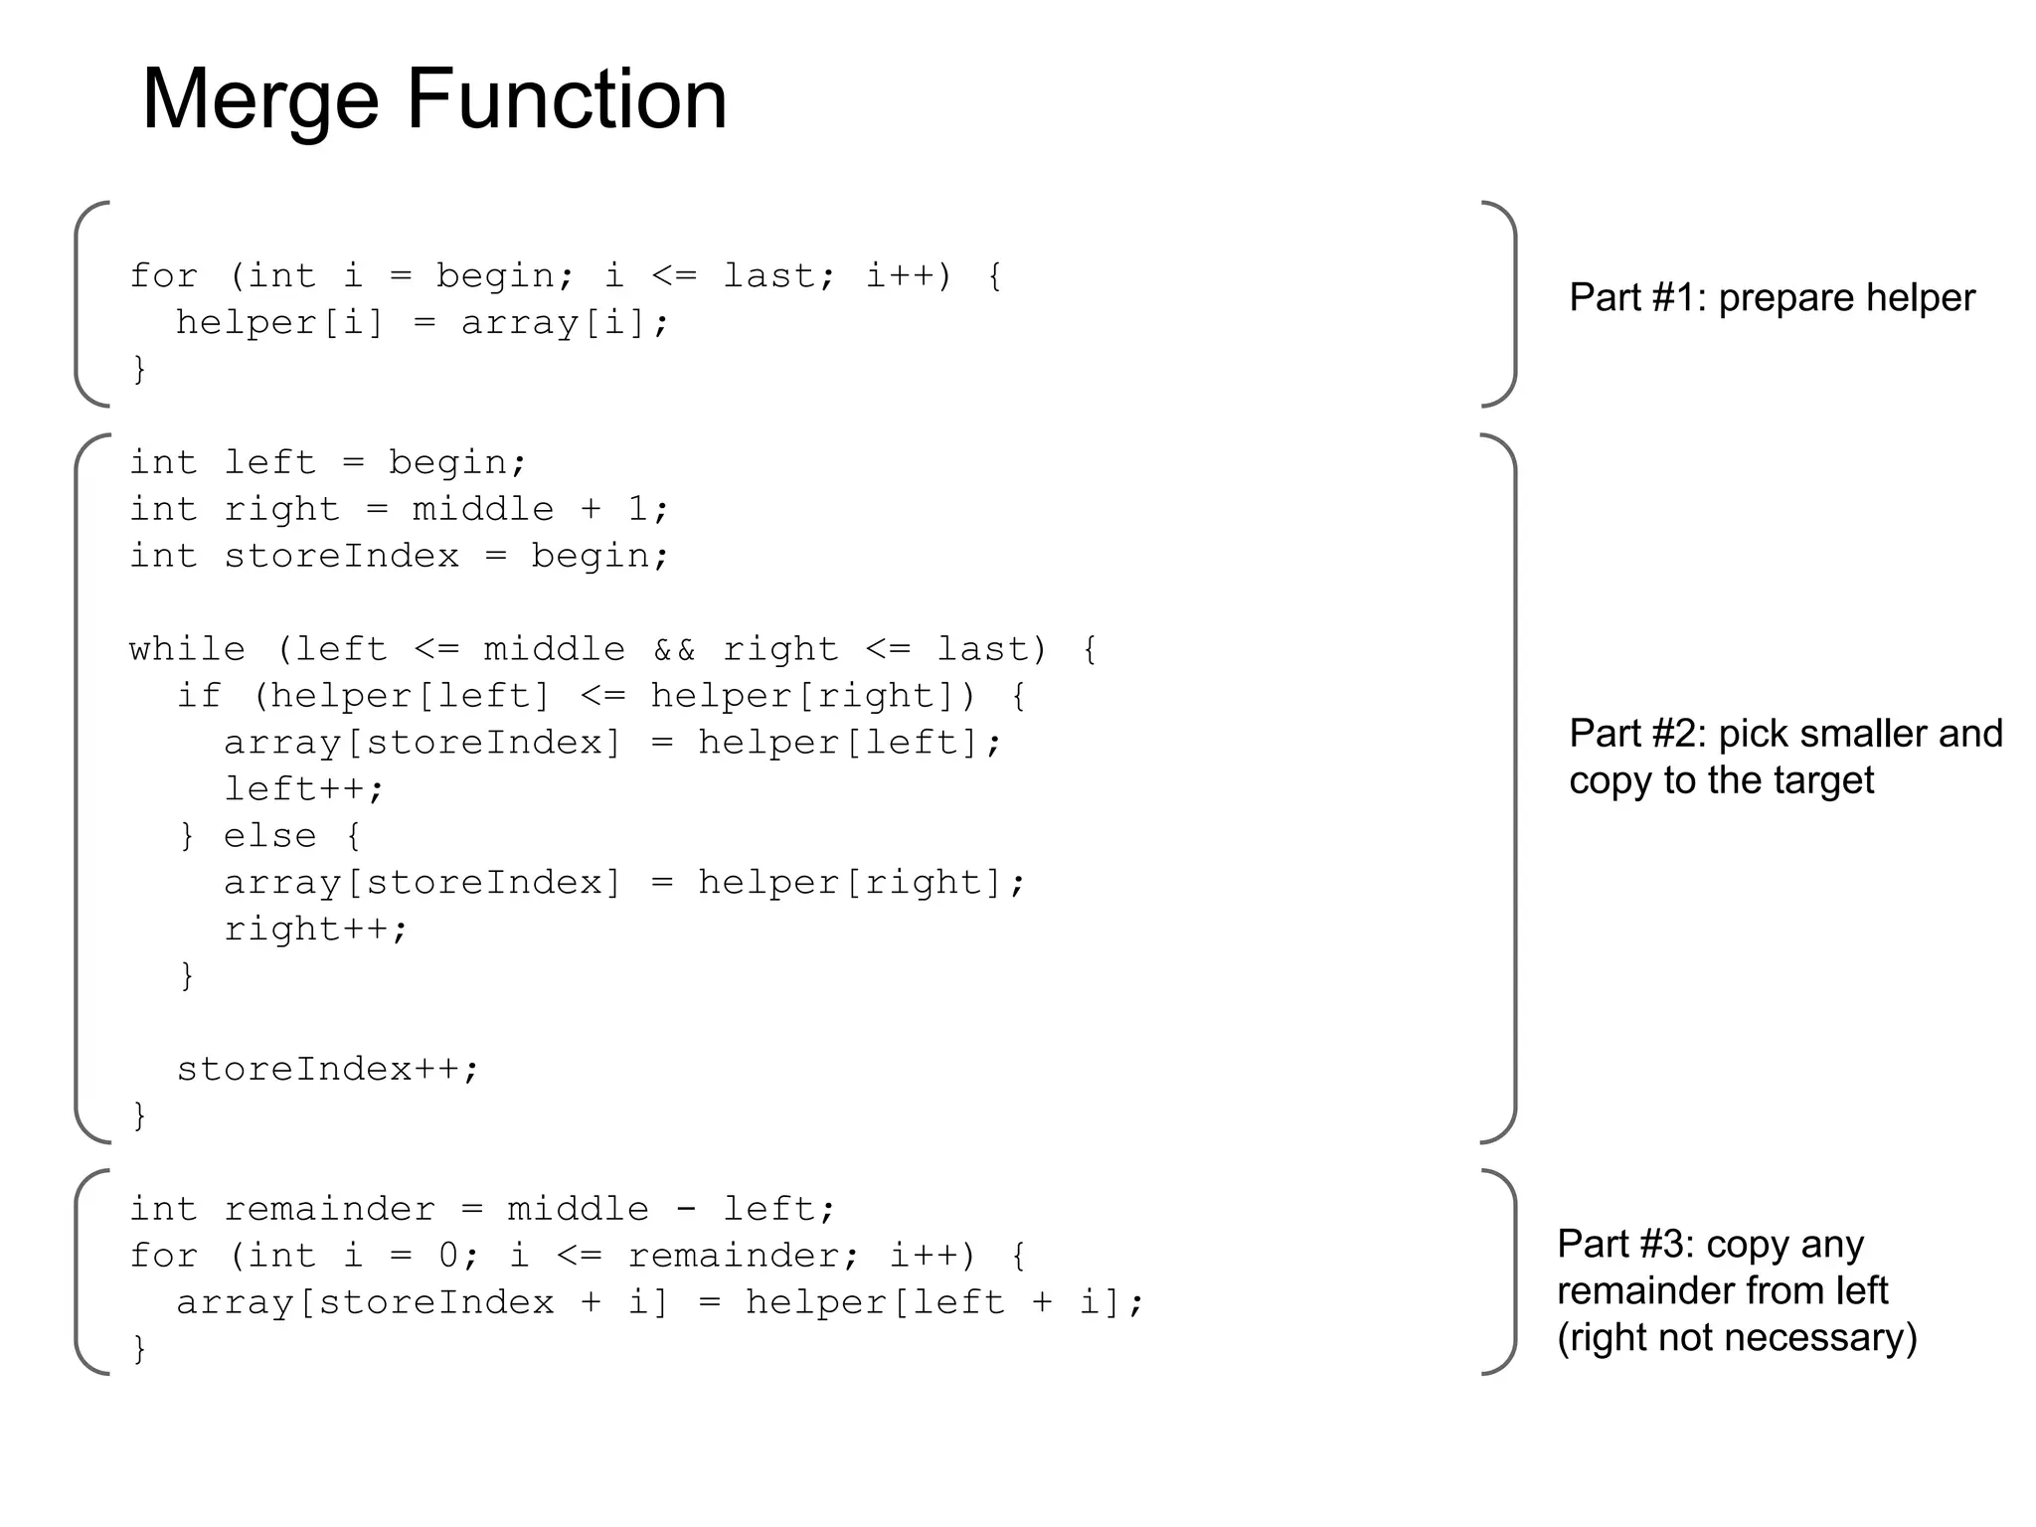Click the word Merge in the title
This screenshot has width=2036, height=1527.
[x=260, y=99]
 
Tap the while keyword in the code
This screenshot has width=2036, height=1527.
[x=187, y=649]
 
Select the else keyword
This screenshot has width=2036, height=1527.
[x=269, y=836]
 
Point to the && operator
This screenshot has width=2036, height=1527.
[x=674, y=649]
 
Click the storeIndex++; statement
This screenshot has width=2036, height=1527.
[x=328, y=1069]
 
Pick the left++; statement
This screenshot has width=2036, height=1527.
[x=304, y=789]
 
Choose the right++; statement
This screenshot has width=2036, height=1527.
[x=316, y=930]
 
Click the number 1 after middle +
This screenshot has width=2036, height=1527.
[x=638, y=509]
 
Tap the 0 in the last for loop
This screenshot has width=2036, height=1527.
[x=448, y=1256]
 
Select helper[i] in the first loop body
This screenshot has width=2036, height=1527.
[x=279, y=323]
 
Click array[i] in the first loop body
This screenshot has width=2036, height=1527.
[x=565, y=323]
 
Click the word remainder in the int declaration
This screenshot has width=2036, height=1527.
[x=329, y=1209]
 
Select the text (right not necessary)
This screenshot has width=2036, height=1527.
[x=1737, y=1337]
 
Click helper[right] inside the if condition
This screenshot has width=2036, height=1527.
[x=813, y=696]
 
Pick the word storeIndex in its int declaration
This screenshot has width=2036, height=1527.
[x=341, y=556]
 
